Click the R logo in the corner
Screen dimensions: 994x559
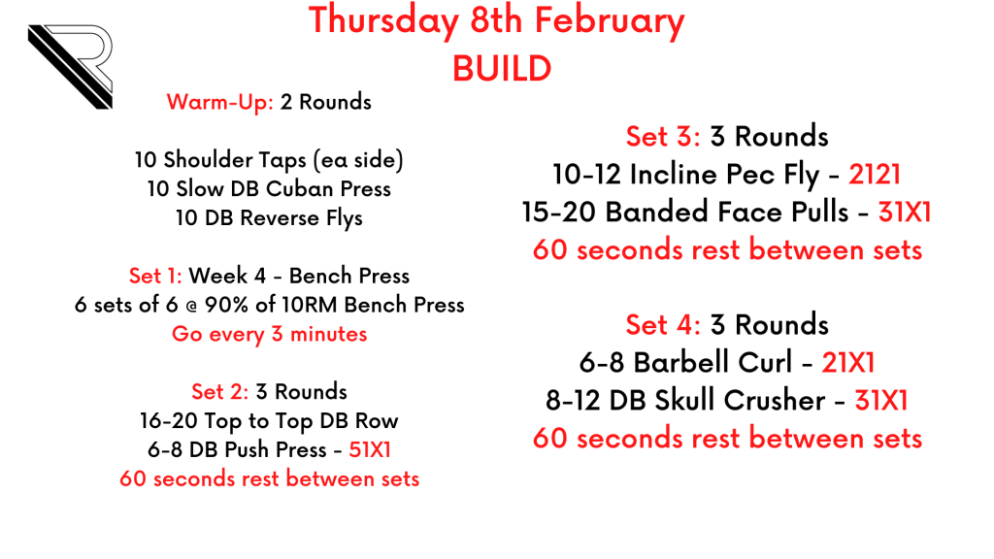point(70,67)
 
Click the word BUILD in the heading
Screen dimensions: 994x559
point(502,69)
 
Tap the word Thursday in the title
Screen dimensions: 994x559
point(383,21)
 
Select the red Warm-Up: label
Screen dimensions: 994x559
point(220,102)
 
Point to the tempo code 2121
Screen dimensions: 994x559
point(875,175)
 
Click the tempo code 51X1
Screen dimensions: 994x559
point(370,449)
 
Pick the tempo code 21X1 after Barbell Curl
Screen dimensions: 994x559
point(848,363)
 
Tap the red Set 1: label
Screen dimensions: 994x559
point(155,276)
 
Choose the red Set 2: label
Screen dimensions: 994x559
point(220,392)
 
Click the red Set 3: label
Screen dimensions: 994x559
point(663,136)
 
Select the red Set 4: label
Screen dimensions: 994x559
point(663,324)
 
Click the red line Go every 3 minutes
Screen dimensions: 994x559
point(270,334)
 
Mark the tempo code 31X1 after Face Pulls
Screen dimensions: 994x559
point(905,213)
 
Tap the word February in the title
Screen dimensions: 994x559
point(610,21)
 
